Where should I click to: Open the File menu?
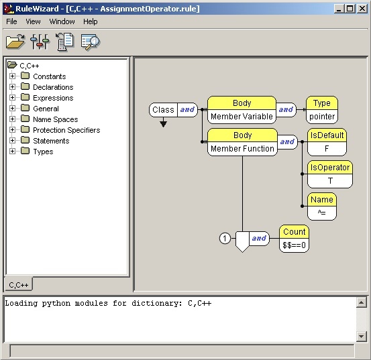(11, 21)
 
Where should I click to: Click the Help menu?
(90, 21)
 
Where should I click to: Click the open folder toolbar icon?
(15, 42)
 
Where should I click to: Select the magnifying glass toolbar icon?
(91, 42)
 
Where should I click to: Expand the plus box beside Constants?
(12, 76)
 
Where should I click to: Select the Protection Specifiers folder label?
(66, 130)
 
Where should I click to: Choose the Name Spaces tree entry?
(56, 119)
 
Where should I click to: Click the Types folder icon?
(25, 151)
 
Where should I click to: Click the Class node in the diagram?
(163, 110)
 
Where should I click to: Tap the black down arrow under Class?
(163, 124)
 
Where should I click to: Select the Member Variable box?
(242, 116)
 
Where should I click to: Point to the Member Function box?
(242, 148)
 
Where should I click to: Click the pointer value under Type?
(322, 116)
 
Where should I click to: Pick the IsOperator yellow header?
(330, 168)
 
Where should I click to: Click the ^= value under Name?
(322, 213)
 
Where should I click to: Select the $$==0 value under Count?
(294, 245)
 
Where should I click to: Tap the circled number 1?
(225, 238)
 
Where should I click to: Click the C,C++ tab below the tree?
(19, 285)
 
